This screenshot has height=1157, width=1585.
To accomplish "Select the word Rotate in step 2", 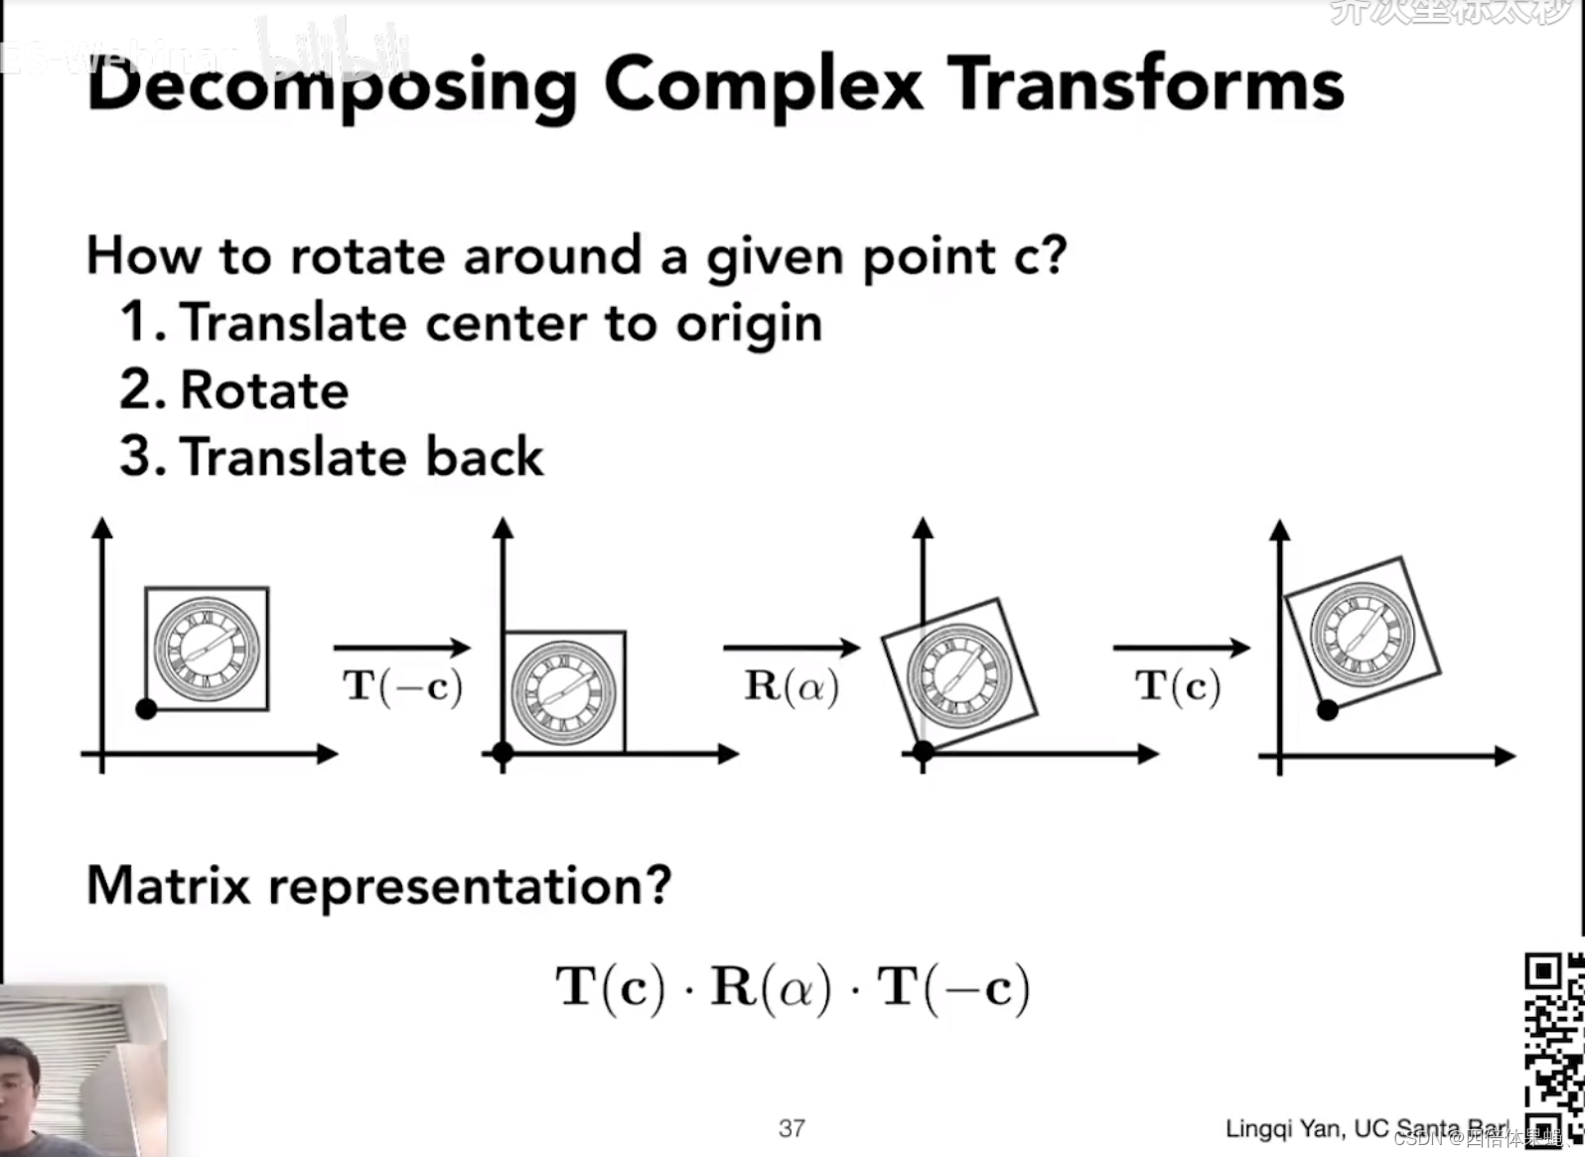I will pyautogui.click(x=264, y=390).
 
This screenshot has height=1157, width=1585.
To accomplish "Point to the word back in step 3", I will pyautogui.click(x=484, y=458).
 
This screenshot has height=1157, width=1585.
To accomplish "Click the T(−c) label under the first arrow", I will pyautogui.click(x=402, y=687).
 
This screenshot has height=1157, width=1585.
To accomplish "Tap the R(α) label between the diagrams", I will pyautogui.click(x=792, y=687).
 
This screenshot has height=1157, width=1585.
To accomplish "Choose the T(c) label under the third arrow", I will pyautogui.click(x=1178, y=687).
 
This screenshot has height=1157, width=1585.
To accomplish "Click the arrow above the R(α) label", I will pyautogui.click(x=791, y=648).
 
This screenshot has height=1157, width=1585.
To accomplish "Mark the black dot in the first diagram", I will pyautogui.click(x=146, y=709).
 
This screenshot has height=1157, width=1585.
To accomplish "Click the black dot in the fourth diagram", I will pyautogui.click(x=1327, y=709).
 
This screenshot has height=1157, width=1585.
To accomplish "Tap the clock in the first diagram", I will pyautogui.click(x=208, y=649).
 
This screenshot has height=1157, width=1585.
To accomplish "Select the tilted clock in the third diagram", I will pyautogui.click(x=958, y=675).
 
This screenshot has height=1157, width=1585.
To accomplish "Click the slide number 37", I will pyautogui.click(x=792, y=1128).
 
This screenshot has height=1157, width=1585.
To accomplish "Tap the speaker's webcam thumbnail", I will pyautogui.click(x=83, y=1070).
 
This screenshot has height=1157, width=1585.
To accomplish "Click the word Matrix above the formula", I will pyautogui.click(x=168, y=885).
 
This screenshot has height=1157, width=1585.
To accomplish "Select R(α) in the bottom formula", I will pyautogui.click(x=771, y=989).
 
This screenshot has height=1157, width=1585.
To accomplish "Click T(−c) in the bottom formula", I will pyautogui.click(x=953, y=989).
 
